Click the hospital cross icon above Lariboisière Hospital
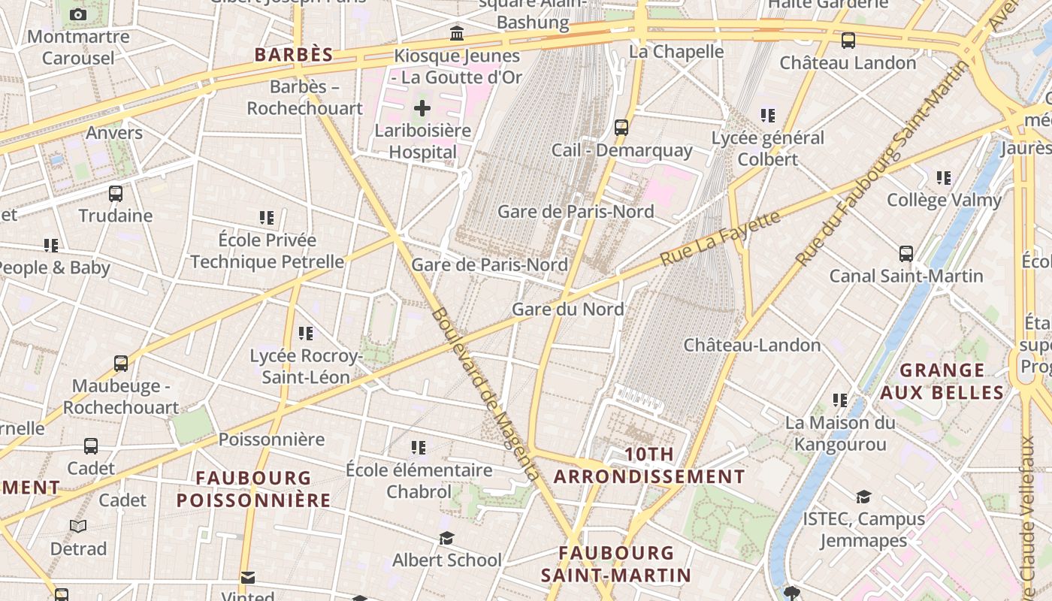422,108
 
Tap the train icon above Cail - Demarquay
621,128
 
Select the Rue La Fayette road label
721,238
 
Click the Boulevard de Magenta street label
485,394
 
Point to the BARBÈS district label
293,55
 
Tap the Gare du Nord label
567,309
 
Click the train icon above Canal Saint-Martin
906,254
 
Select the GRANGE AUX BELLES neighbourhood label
942,381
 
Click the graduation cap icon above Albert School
446,538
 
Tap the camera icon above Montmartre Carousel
78,14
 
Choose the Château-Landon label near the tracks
751,345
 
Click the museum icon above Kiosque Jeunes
456,34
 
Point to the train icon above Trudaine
116,194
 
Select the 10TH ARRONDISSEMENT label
649,465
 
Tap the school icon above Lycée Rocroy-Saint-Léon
305,333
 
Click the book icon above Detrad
78,526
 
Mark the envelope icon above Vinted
248,578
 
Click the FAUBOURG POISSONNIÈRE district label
253,488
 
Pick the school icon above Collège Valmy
944,178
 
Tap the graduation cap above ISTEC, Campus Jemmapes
863,497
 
